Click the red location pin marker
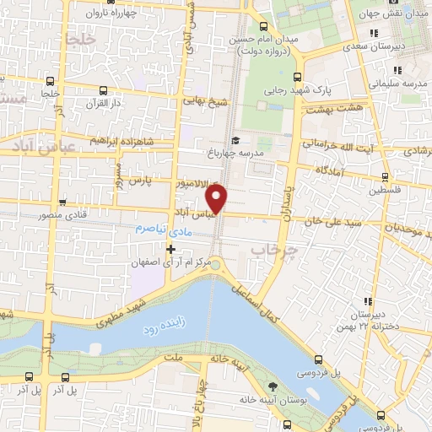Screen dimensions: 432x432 (x=218, y=199)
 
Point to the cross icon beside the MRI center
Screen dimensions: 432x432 (x=170, y=249)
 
